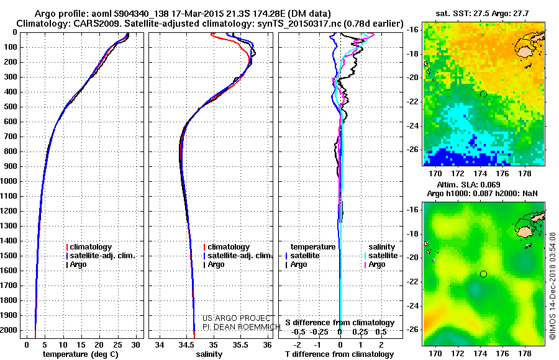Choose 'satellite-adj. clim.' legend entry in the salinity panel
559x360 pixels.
point(239,256)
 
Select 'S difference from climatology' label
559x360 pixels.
point(340,323)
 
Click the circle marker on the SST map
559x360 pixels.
point(483,94)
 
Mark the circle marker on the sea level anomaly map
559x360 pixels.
point(483,274)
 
